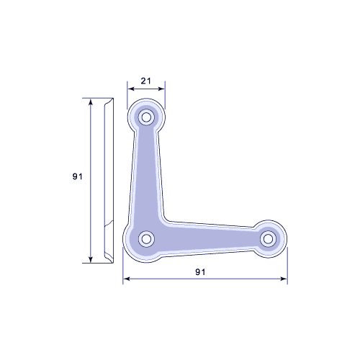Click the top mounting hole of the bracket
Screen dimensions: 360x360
pyautogui.click(x=146, y=117)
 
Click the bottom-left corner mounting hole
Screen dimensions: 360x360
pyautogui.click(x=146, y=239)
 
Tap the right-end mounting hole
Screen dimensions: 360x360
pyautogui.click(x=268, y=239)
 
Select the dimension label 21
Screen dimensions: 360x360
pyautogui.click(x=146, y=81)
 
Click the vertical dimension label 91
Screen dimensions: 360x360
pyautogui.click(x=77, y=176)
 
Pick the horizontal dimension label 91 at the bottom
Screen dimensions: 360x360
pyautogui.click(x=200, y=272)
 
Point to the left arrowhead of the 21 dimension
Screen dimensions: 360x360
pyautogui.click(x=130, y=89)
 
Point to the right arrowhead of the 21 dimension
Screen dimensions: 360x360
pyautogui.click(x=162, y=89)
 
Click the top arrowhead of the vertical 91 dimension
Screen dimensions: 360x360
pyautogui.click(x=91, y=102)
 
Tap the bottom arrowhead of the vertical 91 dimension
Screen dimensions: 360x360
pyautogui.click(x=91, y=259)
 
